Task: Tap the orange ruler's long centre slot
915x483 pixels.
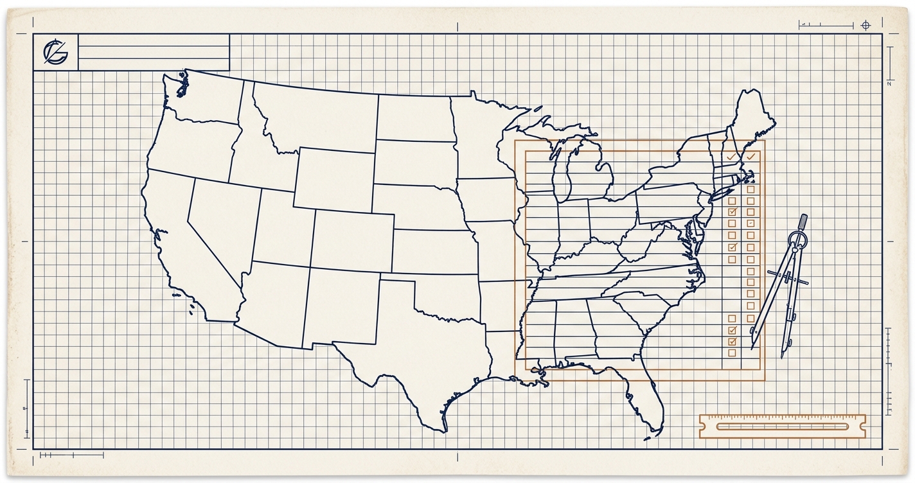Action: point(781,426)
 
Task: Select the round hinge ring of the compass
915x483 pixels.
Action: point(797,243)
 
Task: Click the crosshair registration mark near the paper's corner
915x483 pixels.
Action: point(866,25)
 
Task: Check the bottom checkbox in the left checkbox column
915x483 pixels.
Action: point(731,353)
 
